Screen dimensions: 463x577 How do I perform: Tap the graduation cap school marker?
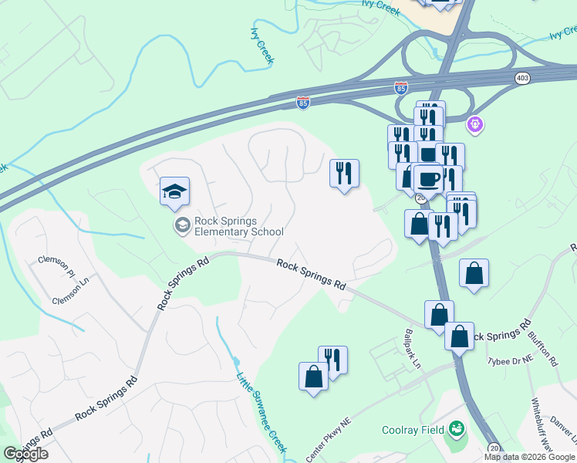[x=175, y=191]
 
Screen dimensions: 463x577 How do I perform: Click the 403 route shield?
[x=522, y=78]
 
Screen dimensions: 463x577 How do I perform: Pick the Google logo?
[x=25, y=454]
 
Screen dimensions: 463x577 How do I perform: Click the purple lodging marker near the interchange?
[x=475, y=123]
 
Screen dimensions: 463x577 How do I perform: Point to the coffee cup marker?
[x=427, y=179]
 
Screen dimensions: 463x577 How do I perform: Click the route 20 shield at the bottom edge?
[x=494, y=448]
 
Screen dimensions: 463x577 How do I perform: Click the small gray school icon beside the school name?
[x=183, y=225]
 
